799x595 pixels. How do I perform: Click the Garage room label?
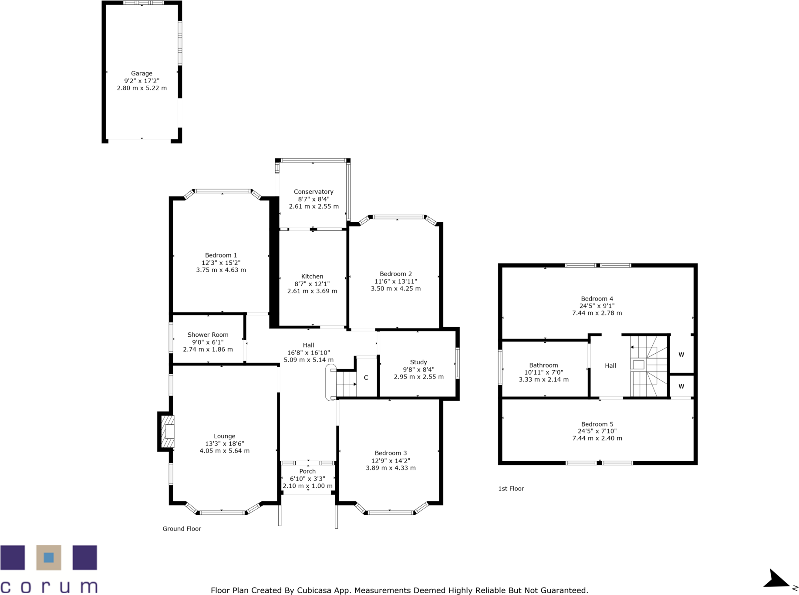point(142,74)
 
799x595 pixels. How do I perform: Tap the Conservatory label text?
point(313,192)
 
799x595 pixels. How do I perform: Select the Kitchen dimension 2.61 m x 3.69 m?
point(312,291)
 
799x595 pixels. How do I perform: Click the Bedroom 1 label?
point(221,255)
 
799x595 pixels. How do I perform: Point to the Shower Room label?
point(208,335)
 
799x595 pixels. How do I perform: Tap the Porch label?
point(307,471)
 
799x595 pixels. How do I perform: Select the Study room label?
point(418,362)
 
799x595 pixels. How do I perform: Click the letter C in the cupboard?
point(366,378)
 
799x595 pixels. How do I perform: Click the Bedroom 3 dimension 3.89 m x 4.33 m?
point(391,468)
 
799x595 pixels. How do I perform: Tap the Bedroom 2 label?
point(395,274)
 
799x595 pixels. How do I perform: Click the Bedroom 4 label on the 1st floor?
point(597,299)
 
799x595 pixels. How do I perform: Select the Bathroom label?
point(543,365)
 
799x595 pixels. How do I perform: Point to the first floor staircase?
point(649,366)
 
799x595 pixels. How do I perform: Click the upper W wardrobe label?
point(681,355)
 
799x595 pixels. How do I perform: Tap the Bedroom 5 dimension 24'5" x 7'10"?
point(597,431)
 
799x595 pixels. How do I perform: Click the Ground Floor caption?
point(182,529)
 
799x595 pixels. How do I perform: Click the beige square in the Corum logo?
point(48,558)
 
